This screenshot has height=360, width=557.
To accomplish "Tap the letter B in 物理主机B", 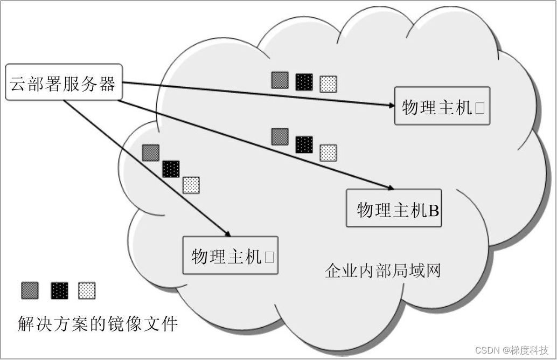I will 434,210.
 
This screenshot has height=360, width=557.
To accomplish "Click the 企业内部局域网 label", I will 382,270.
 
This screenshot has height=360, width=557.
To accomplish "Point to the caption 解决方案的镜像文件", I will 98,324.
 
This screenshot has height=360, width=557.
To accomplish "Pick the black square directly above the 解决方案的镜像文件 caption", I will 60,290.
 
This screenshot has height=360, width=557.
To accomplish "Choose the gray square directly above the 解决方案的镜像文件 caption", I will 30,290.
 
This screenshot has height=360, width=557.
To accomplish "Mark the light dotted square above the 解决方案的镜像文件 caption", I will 87,290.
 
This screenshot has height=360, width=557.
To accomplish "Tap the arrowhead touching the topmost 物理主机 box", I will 392,106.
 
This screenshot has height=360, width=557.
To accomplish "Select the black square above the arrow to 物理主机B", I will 304,144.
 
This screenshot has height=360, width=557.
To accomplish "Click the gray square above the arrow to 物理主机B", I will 280,136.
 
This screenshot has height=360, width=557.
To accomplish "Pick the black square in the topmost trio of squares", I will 304,81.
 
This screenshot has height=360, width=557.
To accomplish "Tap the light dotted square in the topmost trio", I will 328,84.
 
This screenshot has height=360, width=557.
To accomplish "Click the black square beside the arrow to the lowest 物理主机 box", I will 171,169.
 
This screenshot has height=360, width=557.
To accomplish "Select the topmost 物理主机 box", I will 442,106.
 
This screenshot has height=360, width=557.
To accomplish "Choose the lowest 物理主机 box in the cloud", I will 231,255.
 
